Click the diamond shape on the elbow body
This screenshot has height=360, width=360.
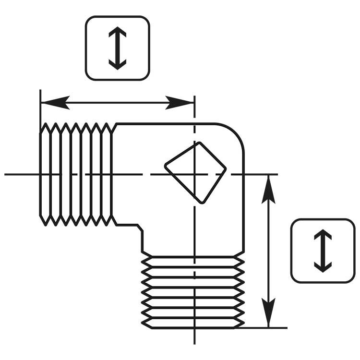pos(195,172)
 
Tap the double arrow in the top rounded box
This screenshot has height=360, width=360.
pos(118,48)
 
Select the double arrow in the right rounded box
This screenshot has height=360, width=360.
pos(323,251)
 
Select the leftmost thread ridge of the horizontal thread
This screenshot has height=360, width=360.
pos(45,174)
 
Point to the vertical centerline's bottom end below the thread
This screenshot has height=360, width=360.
pos(194,341)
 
